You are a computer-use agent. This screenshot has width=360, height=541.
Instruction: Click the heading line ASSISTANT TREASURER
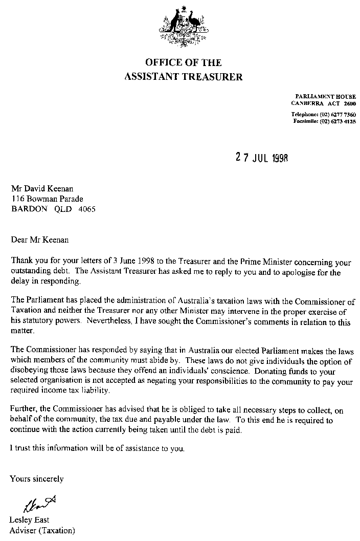(184, 77)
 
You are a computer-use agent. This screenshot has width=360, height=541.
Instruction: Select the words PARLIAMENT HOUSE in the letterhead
(326, 97)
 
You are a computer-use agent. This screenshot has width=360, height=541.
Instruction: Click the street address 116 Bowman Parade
(47, 199)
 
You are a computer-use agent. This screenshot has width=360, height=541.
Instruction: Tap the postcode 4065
(86, 209)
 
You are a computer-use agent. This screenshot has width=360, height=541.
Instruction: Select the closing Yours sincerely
(37, 479)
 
